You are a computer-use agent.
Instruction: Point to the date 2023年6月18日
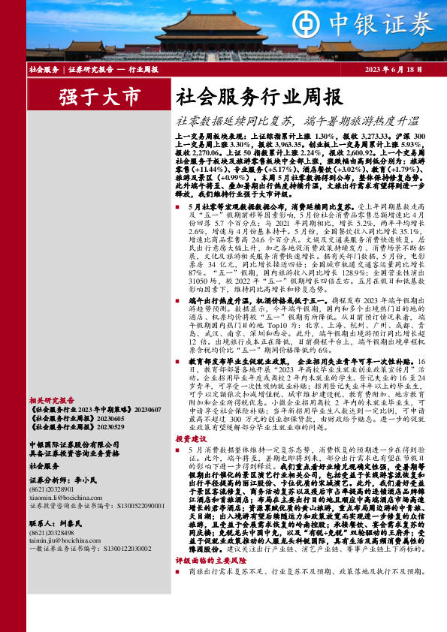(391, 69)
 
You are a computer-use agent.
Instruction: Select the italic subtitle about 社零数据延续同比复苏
(297, 119)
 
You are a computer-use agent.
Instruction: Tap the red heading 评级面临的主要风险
(212, 560)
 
